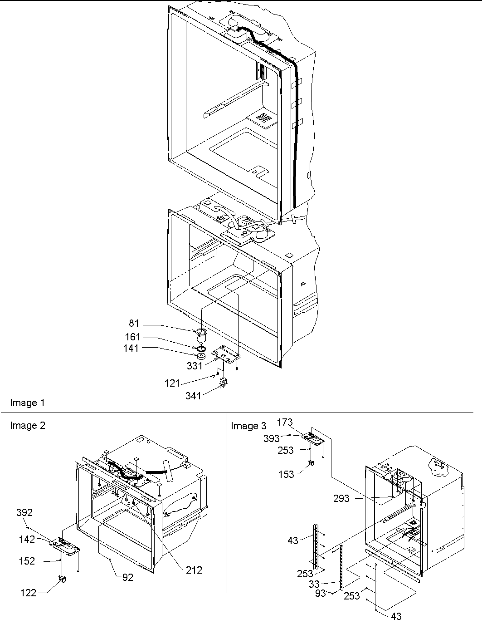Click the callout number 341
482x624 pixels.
(x=193, y=396)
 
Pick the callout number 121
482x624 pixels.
(x=172, y=383)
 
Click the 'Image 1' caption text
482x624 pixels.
(x=27, y=403)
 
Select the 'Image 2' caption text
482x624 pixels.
(x=27, y=426)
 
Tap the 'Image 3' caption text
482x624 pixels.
(x=248, y=426)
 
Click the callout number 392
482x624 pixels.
(x=24, y=512)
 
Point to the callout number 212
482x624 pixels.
(x=194, y=570)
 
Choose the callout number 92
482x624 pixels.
(x=127, y=578)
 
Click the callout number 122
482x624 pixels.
(x=28, y=592)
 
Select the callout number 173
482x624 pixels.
(x=285, y=423)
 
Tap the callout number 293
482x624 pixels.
(x=341, y=499)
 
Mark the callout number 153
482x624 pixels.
(x=286, y=474)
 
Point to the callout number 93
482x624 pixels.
(x=320, y=592)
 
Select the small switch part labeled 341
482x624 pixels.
(x=223, y=382)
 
